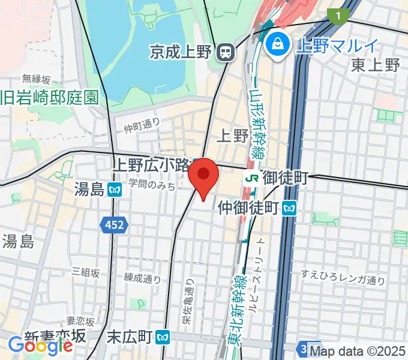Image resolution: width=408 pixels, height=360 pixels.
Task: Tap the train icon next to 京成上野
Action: coord(226,53)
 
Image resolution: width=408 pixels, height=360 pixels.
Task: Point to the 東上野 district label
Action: coord(376,65)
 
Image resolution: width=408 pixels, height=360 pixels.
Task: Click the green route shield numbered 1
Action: coord(341,14)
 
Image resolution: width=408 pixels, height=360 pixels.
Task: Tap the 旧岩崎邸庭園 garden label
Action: coord(49,97)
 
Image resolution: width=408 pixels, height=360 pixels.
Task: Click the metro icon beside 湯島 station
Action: coord(115,190)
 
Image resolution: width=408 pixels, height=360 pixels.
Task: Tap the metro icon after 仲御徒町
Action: coord(291,208)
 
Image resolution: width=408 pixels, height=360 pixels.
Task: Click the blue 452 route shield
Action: coord(113,225)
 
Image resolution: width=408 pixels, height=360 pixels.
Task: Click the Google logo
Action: coord(40,345)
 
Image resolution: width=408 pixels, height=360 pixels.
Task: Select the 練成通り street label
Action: coord(143,278)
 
